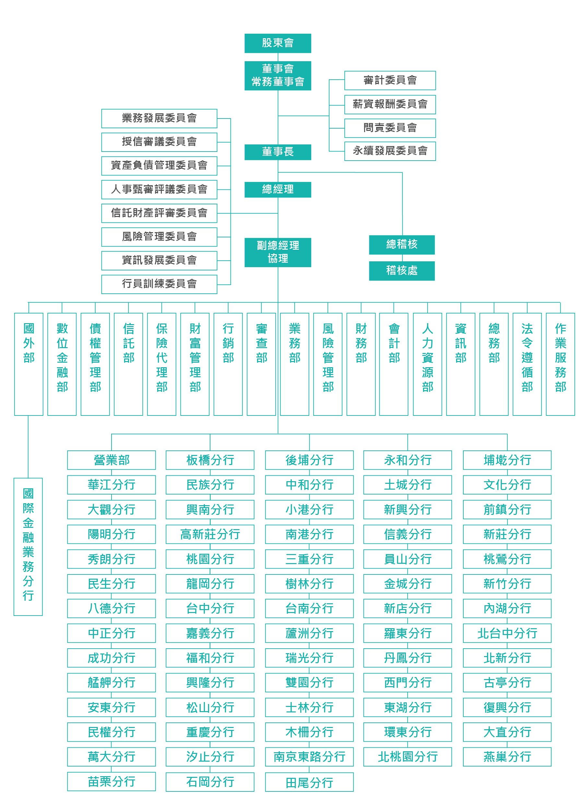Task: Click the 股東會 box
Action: pyautogui.click(x=278, y=43)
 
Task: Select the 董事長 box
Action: pyautogui.click(x=278, y=152)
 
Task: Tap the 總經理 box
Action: pyautogui.click(x=278, y=189)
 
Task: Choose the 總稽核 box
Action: pyautogui.click(x=402, y=244)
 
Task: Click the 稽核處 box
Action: pyautogui.click(x=402, y=271)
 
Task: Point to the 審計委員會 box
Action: pyautogui.click(x=390, y=80)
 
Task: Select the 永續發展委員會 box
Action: pyautogui.click(x=390, y=151)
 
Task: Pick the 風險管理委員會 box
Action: pyautogui.click(x=159, y=237)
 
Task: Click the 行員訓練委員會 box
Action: pyautogui.click(x=159, y=284)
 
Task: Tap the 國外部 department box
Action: pyautogui.click(x=29, y=364)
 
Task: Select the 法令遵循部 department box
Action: pyautogui.click(x=527, y=364)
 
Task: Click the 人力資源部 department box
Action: pyautogui.click(x=427, y=364)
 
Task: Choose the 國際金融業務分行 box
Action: pyautogui.click(x=28, y=546)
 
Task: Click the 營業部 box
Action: pyautogui.click(x=111, y=460)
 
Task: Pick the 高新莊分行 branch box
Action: pyautogui.click(x=210, y=534)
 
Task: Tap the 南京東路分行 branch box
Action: pyautogui.click(x=309, y=756)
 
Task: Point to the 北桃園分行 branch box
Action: pyautogui.click(x=407, y=756)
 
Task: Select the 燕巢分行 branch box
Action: pyautogui.click(x=507, y=756)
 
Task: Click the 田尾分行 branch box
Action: pyautogui.click(x=309, y=782)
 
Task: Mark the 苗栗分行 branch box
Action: pyautogui.click(x=111, y=781)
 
